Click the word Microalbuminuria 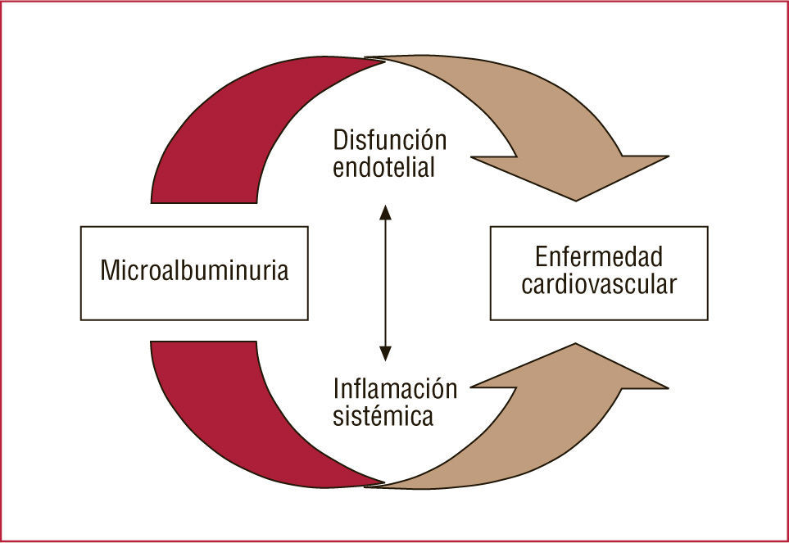point(194,272)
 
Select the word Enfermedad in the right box point(598,257)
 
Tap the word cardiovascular point(599,285)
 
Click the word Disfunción point(389,139)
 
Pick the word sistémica point(383,416)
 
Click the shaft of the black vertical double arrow point(385,283)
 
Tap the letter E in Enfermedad point(542,257)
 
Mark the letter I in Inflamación point(337,387)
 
